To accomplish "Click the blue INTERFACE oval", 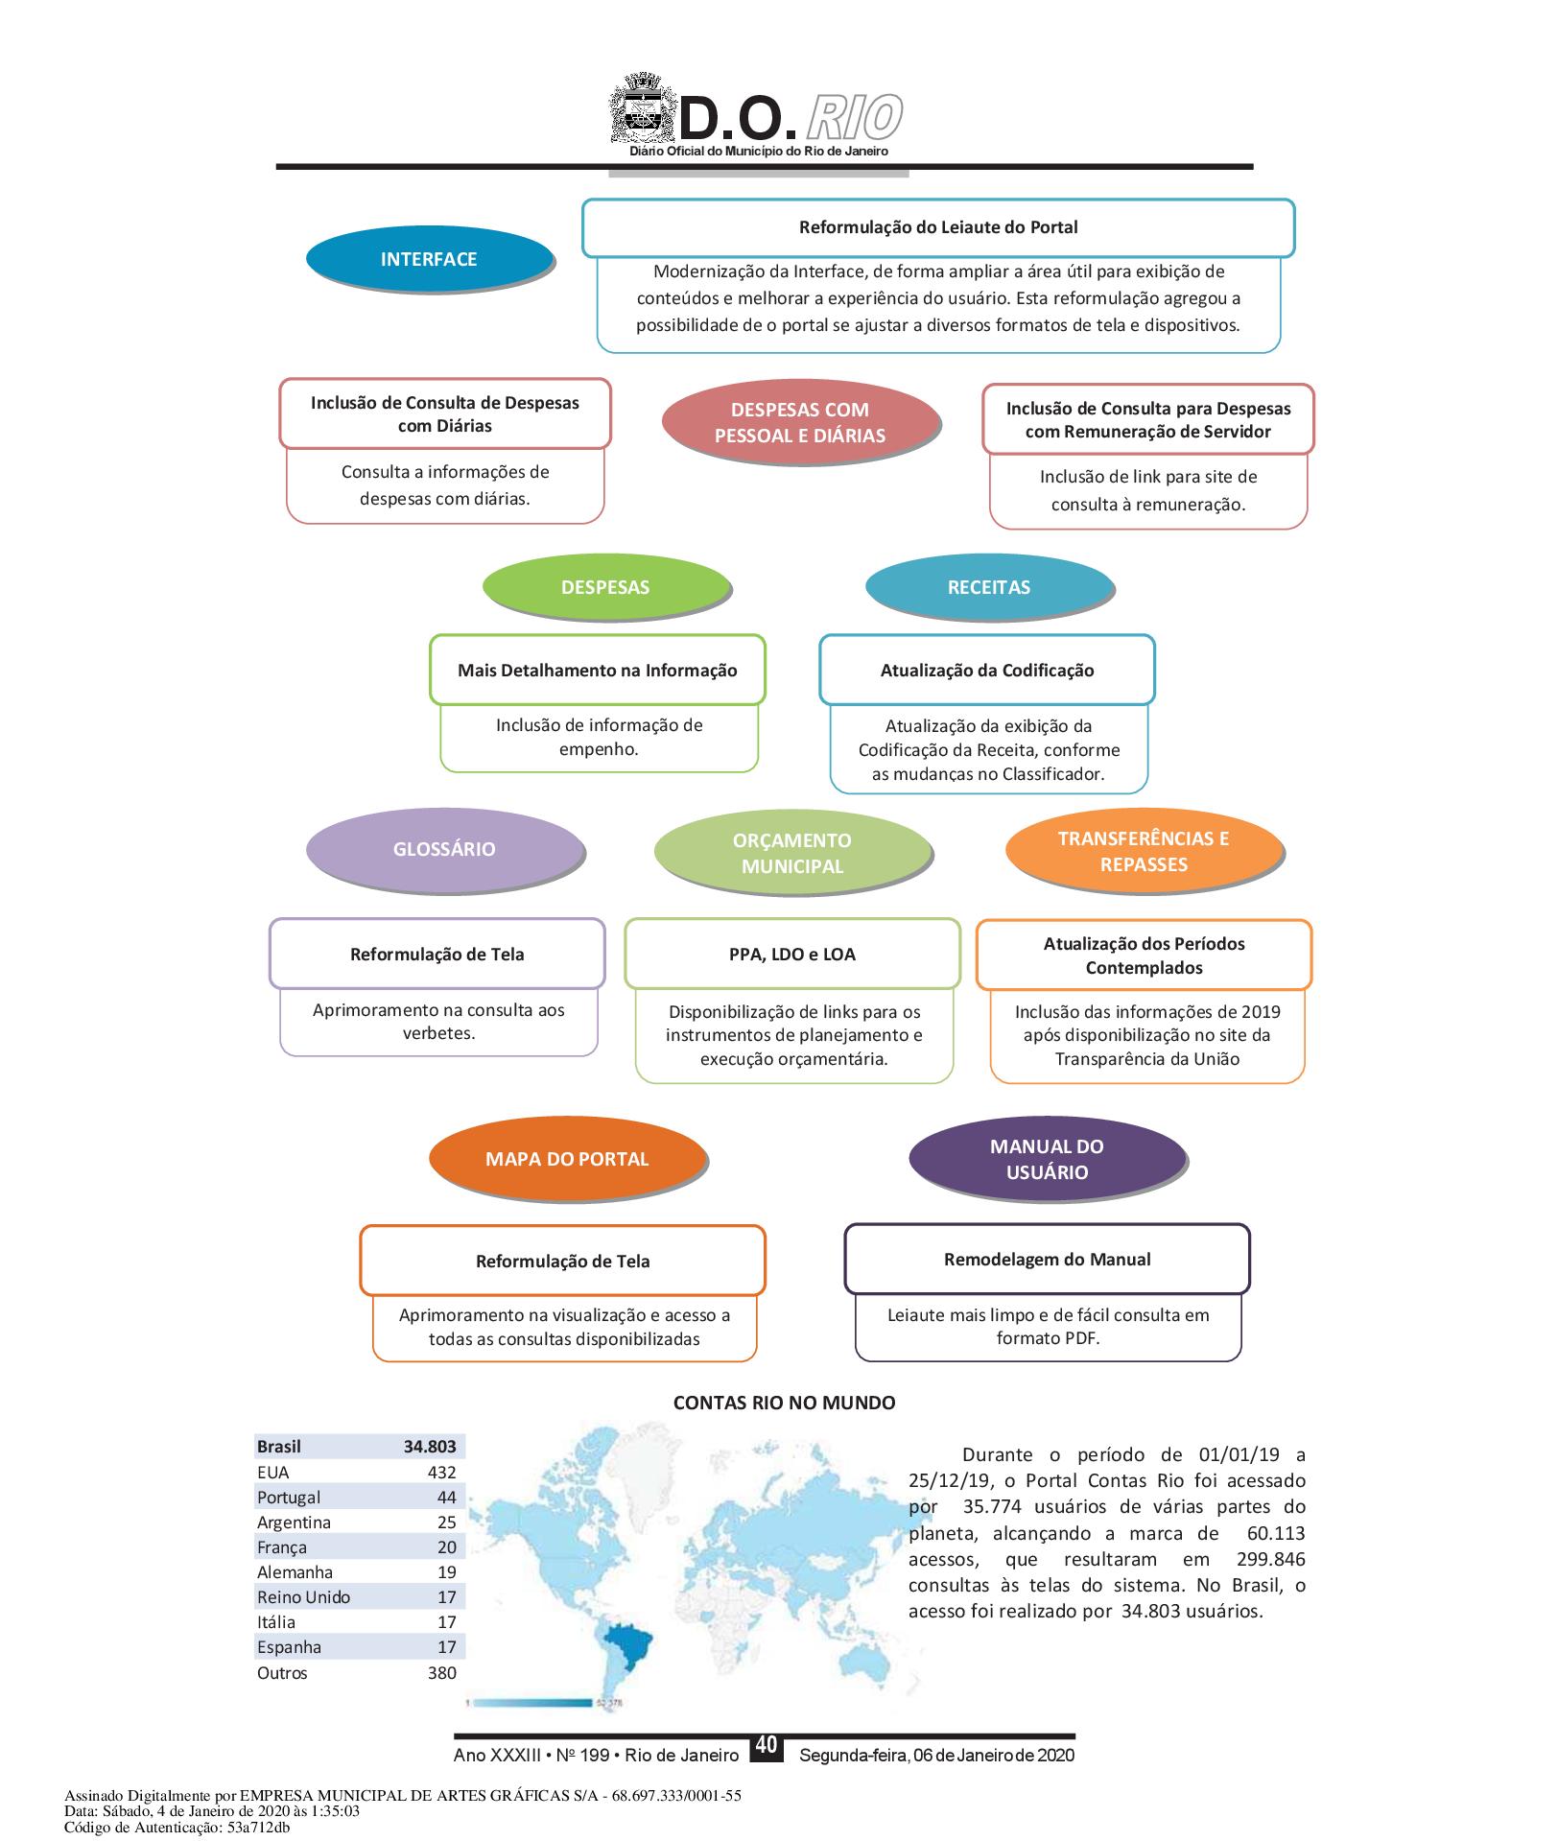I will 429,259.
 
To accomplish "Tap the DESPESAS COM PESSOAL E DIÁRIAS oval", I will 799,423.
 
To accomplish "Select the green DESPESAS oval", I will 605,587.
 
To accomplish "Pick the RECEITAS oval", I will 988,587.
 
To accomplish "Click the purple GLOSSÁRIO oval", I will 444,849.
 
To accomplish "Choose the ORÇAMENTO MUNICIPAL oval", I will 791,853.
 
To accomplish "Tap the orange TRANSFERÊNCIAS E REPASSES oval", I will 1143,851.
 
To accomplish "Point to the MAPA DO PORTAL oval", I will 567,1159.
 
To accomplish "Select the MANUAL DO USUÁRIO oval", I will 1047,1159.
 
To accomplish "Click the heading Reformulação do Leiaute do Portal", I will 938,227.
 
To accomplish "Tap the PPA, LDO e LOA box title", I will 791,955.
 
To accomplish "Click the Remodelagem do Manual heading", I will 1047,1260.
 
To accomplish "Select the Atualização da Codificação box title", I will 986,671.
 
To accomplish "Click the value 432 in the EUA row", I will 441,1473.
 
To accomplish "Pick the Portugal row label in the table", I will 289,1498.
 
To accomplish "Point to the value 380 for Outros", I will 441,1673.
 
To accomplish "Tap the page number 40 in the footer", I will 766,1745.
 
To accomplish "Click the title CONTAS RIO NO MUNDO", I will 784,1403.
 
